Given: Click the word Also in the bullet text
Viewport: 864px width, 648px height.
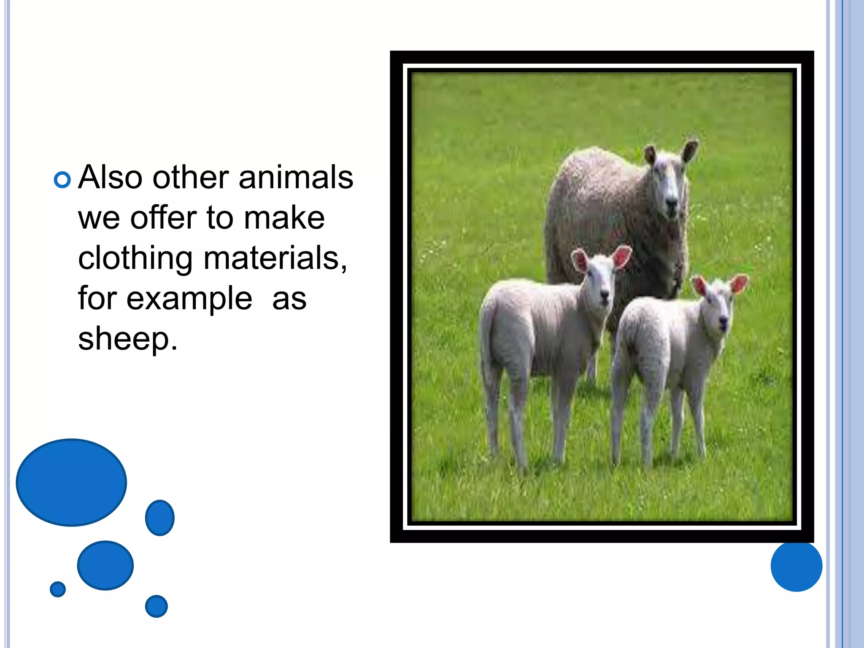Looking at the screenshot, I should (x=111, y=177).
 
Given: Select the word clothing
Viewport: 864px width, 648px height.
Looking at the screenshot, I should (x=135, y=258).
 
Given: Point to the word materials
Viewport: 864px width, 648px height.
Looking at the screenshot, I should (x=275, y=258).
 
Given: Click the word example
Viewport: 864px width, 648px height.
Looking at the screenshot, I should (x=189, y=299).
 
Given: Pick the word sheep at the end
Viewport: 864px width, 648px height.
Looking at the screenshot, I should (x=127, y=338).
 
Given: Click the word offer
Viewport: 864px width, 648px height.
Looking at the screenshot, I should (x=163, y=218).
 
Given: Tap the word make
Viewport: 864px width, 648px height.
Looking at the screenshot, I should (x=284, y=218).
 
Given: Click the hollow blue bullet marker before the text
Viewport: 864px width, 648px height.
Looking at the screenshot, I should (x=62, y=180).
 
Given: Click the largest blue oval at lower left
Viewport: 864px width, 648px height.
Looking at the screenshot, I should (x=71, y=482).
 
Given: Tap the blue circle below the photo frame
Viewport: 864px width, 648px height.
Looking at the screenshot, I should (x=796, y=566).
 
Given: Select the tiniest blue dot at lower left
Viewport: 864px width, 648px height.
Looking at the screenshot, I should (x=58, y=589).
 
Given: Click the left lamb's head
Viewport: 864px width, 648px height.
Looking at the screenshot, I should (x=599, y=278).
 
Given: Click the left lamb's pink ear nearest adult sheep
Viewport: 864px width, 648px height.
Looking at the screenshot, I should (x=622, y=256).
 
